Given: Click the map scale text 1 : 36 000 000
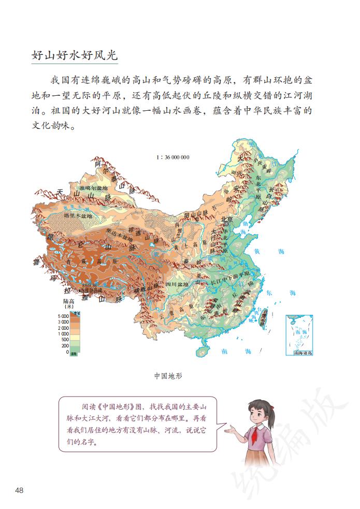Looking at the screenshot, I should (x=172, y=157).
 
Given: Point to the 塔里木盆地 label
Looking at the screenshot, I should (x=78, y=215).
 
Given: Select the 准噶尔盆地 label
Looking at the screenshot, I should (x=93, y=188).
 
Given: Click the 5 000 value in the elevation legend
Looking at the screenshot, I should (x=63, y=316).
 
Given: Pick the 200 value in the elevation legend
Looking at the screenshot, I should (x=65, y=345).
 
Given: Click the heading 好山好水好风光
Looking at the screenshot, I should (x=76, y=55).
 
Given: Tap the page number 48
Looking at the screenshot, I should (x=20, y=490).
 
